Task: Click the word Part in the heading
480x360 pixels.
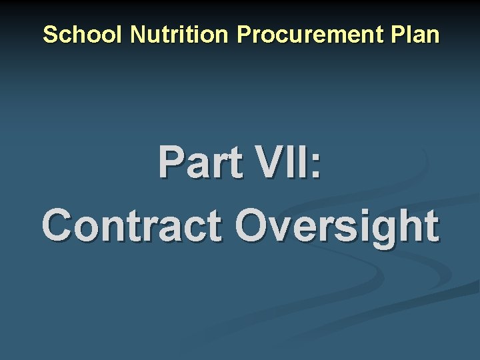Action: click(193, 163)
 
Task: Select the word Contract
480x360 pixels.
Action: click(131, 226)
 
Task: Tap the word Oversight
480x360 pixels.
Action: click(337, 227)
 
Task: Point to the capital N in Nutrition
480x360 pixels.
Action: click(138, 35)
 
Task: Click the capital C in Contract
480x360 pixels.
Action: click(58, 226)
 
